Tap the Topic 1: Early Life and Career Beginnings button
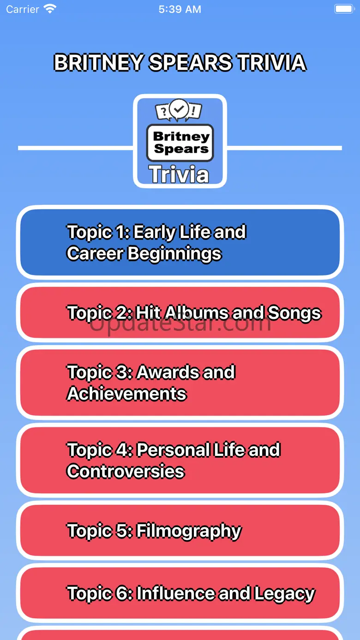[x=180, y=242]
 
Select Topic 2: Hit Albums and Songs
[x=180, y=312]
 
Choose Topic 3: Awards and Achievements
[x=180, y=383]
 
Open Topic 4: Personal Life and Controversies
[x=180, y=461]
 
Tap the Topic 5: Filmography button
[x=180, y=531]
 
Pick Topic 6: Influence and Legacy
[x=180, y=593]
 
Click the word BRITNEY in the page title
[x=99, y=63]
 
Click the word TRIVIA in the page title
[x=272, y=63]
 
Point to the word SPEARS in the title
[x=191, y=63]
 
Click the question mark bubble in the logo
[x=163, y=111]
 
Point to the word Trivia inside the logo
[x=179, y=174]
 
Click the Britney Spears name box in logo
[x=180, y=143]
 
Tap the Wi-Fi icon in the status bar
[x=50, y=9]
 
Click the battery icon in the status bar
[x=344, y=9]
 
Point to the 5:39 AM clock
[x=180, y=9]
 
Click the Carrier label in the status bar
[x=23, y=9]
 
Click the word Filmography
[x=189, y=531]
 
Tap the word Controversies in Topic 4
[x=126, y=471]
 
